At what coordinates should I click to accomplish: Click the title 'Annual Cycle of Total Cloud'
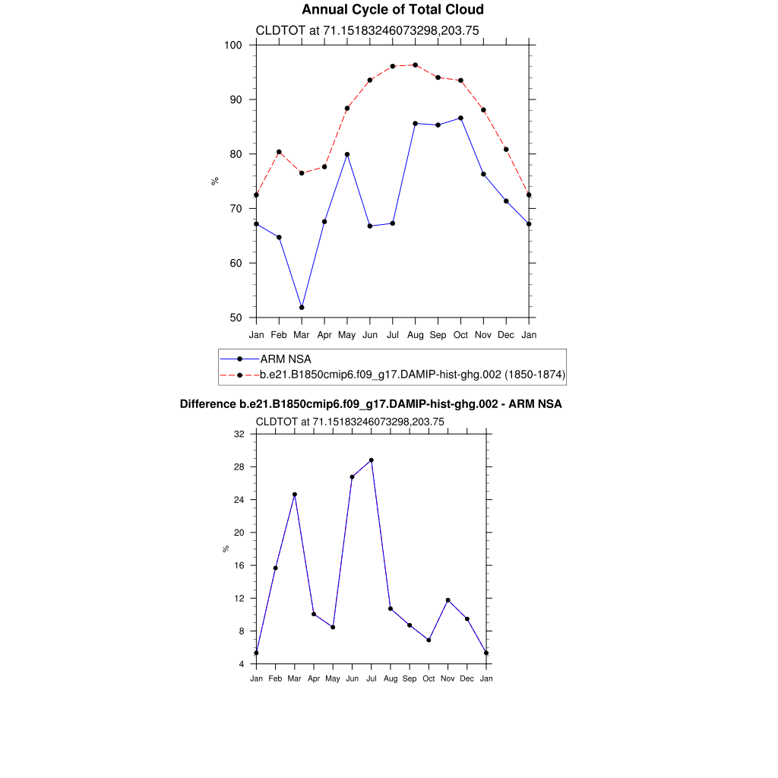(392, 10)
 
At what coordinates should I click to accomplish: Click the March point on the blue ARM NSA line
(302, 307)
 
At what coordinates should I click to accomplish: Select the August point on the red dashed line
(415, 65)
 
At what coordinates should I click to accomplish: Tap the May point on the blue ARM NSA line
(347, 154)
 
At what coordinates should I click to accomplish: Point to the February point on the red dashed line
(279, 152)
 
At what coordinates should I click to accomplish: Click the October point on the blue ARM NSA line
(460, 118)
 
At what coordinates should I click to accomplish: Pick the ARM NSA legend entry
(286, 359)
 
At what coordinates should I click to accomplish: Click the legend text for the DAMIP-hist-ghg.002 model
(413, 375)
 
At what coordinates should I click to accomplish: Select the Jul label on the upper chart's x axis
(393, 334)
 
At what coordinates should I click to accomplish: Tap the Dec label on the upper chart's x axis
(507, 334)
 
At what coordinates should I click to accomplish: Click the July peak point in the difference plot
(372, 460)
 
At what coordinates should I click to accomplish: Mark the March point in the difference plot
(295, 495)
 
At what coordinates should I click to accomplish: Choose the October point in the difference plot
(429, 640)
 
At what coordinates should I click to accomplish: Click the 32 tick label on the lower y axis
(239, 434)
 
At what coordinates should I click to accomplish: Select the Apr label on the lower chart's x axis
(314, 678)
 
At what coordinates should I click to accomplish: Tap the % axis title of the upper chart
(216, 181)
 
